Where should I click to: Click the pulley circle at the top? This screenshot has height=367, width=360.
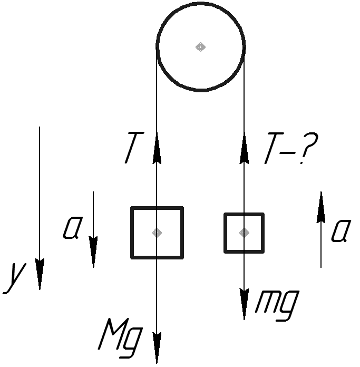point(201,47)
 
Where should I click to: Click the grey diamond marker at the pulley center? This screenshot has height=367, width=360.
point(200,47)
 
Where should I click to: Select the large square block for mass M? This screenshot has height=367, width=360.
point(157,233)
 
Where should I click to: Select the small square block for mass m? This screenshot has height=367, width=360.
point(244,233)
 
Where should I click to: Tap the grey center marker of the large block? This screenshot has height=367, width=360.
point(157,233)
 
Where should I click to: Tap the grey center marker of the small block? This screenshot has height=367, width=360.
point(244,233)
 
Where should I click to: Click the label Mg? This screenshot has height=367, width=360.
point(121,338)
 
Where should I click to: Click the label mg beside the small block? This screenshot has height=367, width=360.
point(277,305)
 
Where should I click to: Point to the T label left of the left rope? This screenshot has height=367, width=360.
point(134,148)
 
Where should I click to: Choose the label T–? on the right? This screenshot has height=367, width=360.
point(291,148)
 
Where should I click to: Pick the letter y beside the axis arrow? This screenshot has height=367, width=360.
point(14,278)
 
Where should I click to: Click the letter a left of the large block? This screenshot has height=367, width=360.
point(73,228)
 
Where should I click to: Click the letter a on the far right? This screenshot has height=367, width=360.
point(341,230)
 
